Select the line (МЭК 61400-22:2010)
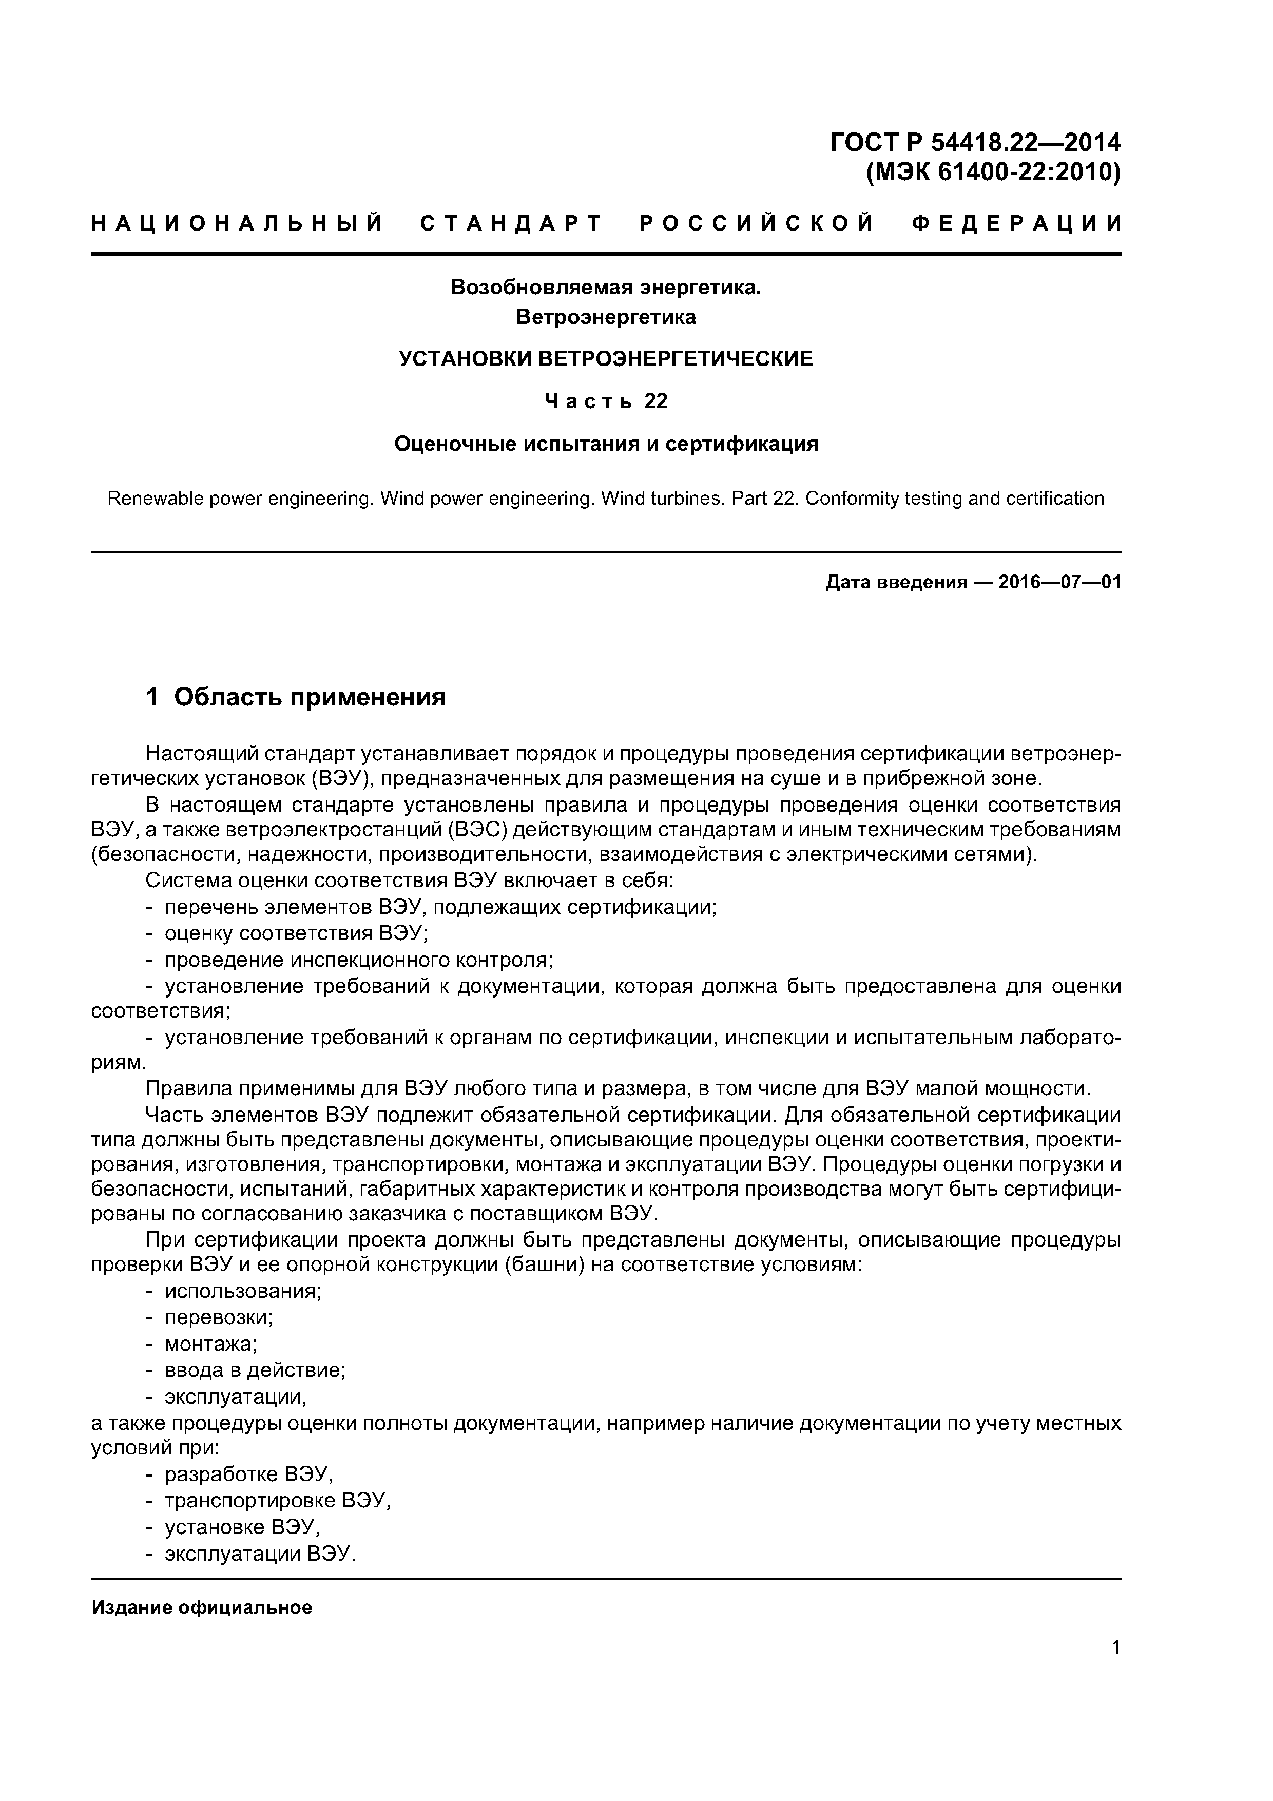point(993,172)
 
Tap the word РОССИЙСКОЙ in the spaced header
point(756,223)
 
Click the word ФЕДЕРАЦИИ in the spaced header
point(1017,223)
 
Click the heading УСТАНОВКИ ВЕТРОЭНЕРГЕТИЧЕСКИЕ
point(606,359)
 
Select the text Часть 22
point(606,401)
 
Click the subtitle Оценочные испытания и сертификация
point(606,444)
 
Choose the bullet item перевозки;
point(218,1317)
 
